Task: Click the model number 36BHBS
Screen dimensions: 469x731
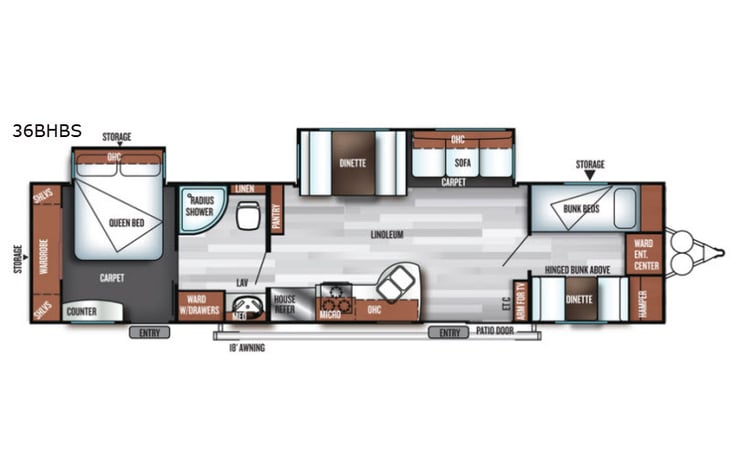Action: (x=47, y=130)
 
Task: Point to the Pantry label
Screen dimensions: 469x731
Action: (x=276, y=210)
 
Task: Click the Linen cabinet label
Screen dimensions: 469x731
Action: (x=245, y=188)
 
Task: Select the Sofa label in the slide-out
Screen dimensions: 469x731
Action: (x=462, y=162)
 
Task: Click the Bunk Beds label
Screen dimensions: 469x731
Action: (x=580, y=208)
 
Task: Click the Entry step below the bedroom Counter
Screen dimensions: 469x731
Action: (x=149, y=332)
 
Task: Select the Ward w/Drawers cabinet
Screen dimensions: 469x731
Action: (x=199, y=307)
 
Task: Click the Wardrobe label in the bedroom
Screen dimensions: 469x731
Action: (x=43, y=254)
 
